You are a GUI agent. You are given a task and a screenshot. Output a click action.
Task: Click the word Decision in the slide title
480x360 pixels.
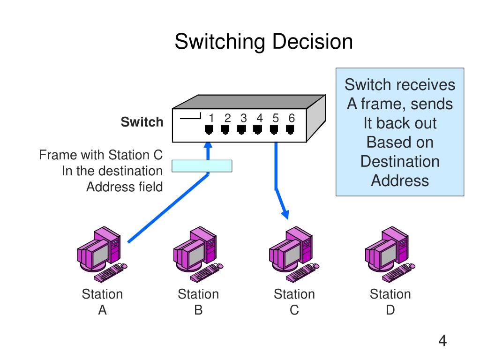[x=312, y=41]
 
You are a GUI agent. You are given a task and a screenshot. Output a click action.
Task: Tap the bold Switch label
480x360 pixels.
[x=142, y=122]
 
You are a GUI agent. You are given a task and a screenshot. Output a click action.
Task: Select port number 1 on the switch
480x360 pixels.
[x=211, y=118]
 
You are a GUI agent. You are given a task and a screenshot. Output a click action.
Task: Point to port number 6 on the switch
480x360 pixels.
[x=292, y=118]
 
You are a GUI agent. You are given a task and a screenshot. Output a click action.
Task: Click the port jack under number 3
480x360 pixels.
[x=241, y=130]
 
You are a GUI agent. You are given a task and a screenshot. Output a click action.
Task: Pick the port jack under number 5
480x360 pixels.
[x=274, y=130]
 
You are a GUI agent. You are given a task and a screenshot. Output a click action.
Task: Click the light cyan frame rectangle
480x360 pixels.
[x=202, y=166]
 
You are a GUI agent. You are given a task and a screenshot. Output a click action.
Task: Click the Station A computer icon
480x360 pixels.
[x=102, y=254]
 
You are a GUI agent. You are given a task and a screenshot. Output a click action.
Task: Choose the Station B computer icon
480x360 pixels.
[x=198, y=254]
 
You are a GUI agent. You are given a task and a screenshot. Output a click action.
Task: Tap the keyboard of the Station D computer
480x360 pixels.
[x=397, y=272]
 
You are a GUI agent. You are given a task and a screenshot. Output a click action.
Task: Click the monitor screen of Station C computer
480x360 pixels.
[x=293, y=255]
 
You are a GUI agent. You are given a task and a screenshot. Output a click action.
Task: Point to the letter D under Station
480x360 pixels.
[x=390, y=310]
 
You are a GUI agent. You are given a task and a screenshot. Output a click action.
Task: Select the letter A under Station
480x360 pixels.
[x=102, y=310]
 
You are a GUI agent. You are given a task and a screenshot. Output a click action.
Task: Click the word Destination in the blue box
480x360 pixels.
[x=400, y=161]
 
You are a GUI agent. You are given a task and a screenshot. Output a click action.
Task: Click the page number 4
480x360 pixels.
[x=442, y=340]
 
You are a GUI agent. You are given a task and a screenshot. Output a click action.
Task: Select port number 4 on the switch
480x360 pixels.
[x=260, y=118]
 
